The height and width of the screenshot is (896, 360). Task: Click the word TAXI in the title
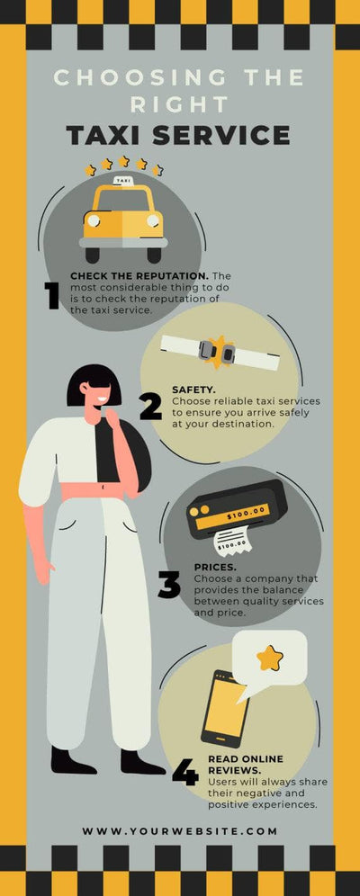point(109,135)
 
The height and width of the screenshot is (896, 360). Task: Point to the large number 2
point(150,407)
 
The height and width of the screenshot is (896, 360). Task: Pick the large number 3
point(169,586)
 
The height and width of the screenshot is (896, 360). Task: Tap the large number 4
point(184,773)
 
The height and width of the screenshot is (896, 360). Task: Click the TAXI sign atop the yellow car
point(123,181)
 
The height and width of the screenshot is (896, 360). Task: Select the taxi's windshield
point(123,198)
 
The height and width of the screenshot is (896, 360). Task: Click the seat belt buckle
point(217,350)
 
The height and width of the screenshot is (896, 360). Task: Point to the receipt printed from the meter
point(231,542)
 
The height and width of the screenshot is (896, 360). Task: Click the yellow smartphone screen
point(226,707)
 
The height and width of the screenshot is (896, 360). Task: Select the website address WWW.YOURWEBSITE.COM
point(180,830)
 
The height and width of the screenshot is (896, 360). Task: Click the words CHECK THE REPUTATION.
point(139,275)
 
